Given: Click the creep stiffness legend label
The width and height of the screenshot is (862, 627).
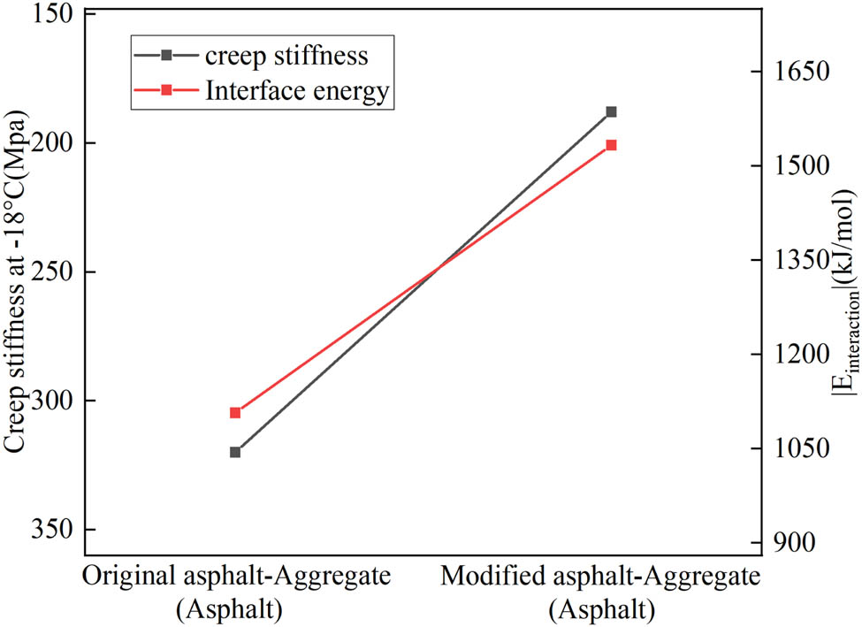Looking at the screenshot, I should pyautogui.click(x=286, y=56).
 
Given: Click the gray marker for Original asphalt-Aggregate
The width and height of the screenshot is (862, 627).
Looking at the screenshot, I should pyautogui.click(x=235, y=452).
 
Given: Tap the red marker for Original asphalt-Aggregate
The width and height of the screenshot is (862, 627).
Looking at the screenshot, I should pyautogui.click(x=235, y=413).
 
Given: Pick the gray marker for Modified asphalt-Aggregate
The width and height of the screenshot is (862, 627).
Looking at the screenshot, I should pyautogui.click(x=611, y=112).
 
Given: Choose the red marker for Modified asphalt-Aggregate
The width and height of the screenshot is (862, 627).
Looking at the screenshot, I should pyautogui.click(x=611, y=145).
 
